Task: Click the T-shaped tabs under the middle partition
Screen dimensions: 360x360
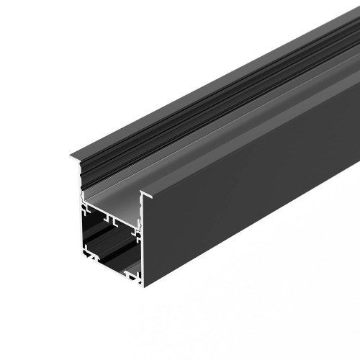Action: pyautogui.click(x=108, y=218)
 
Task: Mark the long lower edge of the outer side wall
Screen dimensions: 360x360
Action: pyautogui.click(x=252, y=238)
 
